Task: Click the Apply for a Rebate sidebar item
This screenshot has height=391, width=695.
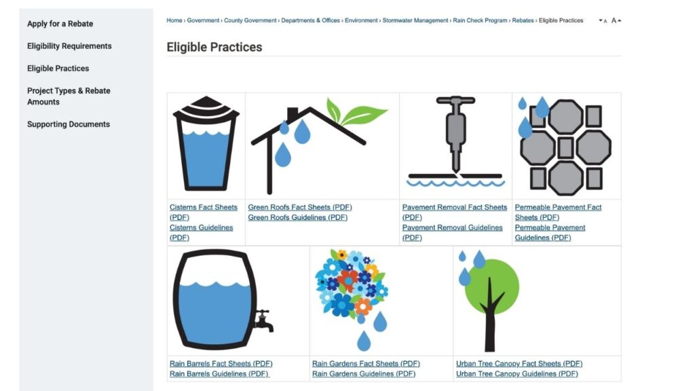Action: pyautogui.click(x=60, y=24)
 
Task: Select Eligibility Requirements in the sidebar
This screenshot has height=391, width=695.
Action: pyautogui.click(x=69, y=46)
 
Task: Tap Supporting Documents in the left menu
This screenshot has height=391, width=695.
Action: pyautogui.click(x=69, y=124)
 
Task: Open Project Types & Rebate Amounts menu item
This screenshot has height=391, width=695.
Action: pyautogui.click(x=69, y=96)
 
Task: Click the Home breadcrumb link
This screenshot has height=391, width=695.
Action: pyautogui.click(x=174, y=20)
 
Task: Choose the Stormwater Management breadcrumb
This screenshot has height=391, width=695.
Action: pyautogui.click(x=415, y=20)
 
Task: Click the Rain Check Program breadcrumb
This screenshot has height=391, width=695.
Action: pyautogui.click(x=480, y=20)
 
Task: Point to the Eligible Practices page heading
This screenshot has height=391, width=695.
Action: pyautogui.click(x=214, y=47)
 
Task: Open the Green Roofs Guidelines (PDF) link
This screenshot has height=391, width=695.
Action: pyautogui.click(x=297, y=217)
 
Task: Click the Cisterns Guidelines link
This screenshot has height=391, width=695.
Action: pyautogui.click(x=201, y=232)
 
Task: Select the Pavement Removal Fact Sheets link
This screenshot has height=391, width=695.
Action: pyautogui.click(x=454, y=212)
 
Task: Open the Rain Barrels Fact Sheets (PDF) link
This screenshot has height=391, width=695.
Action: pyautogui.click(x=221, y=364)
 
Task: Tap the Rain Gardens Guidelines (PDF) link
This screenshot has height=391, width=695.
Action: pyautogui.click(x=364, y=374)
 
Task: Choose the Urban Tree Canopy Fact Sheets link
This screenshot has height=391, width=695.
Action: pyautogui.click(x=519, y=364)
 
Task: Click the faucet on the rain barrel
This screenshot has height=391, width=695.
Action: pyautogui.click(x=263, y=320)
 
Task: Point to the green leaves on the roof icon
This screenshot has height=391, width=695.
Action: pyautogui.click(x=354, y=112)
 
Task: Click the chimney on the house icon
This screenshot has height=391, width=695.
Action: pyautogui.click(x=293, y=114)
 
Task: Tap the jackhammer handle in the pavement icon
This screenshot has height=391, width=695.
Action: pyautogui.click(x=455, y=100)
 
